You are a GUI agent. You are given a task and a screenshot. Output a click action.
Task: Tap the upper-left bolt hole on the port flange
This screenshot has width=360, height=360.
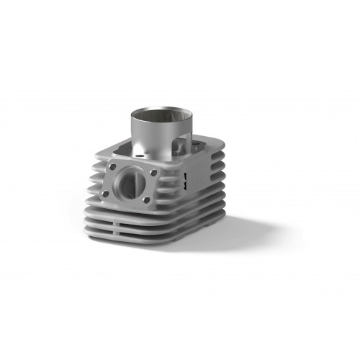(112, 168)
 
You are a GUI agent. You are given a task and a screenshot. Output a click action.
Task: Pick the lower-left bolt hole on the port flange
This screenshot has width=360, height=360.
(105, 193)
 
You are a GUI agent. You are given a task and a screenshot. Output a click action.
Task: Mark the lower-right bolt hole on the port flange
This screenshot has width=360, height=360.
(145, 200)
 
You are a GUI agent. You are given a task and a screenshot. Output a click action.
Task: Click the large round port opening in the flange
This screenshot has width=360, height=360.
(128, 184)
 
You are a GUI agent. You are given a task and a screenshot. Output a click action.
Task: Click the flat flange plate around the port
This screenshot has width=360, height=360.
(130, 169)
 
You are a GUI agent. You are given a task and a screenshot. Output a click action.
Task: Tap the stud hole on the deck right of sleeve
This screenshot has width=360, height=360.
(202, 150)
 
